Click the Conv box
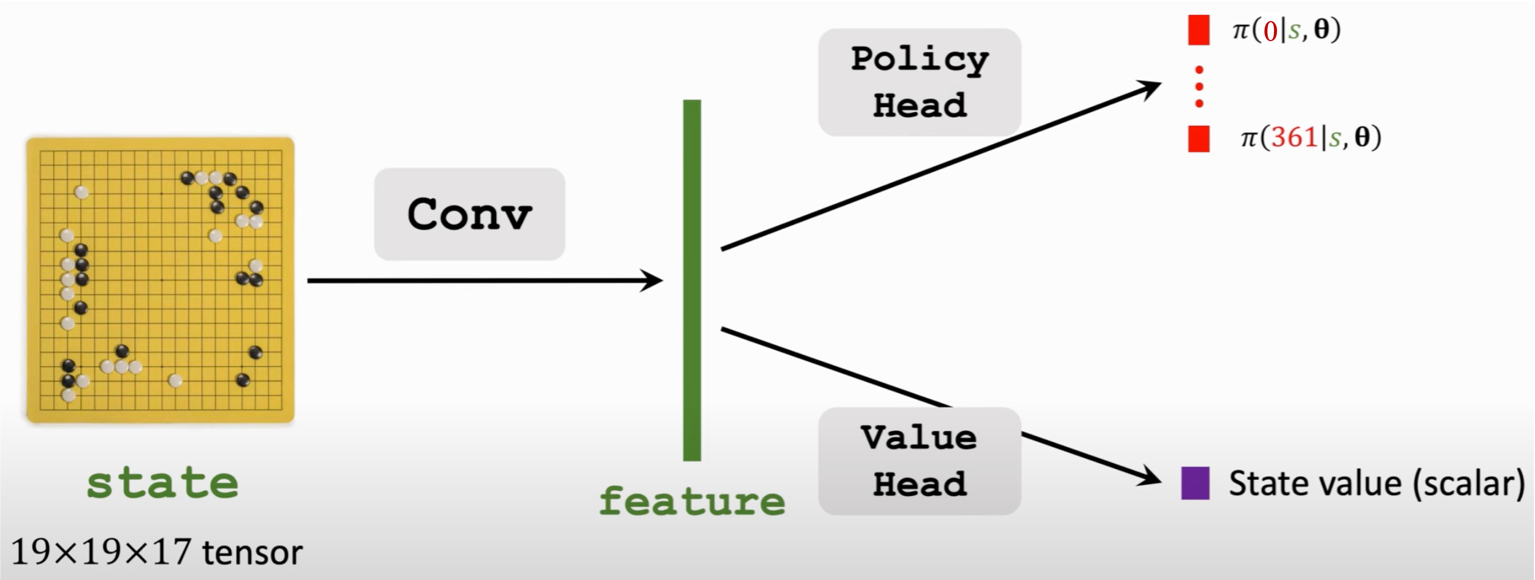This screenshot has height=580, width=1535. pos(469,214)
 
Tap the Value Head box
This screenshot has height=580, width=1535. pos(919,461)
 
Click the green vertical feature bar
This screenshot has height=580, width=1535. pos(692,280)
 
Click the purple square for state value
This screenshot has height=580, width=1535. pos(1196,483)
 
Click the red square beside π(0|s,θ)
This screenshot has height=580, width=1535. pos(1198,30)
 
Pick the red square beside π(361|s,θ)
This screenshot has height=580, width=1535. pos(1198,139)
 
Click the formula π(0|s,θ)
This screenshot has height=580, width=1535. pos(1286,30)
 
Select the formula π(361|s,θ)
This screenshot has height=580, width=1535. pos(1310,138)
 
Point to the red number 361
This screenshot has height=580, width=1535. pos(1294,138)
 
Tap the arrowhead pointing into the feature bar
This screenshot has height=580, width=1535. pos(653,280)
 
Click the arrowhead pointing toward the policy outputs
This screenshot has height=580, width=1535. pos(1149,88)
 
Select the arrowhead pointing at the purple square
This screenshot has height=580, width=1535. pos(1150,478)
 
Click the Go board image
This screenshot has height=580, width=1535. pos(160,280)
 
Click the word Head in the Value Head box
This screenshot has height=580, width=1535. pos(919,484)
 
